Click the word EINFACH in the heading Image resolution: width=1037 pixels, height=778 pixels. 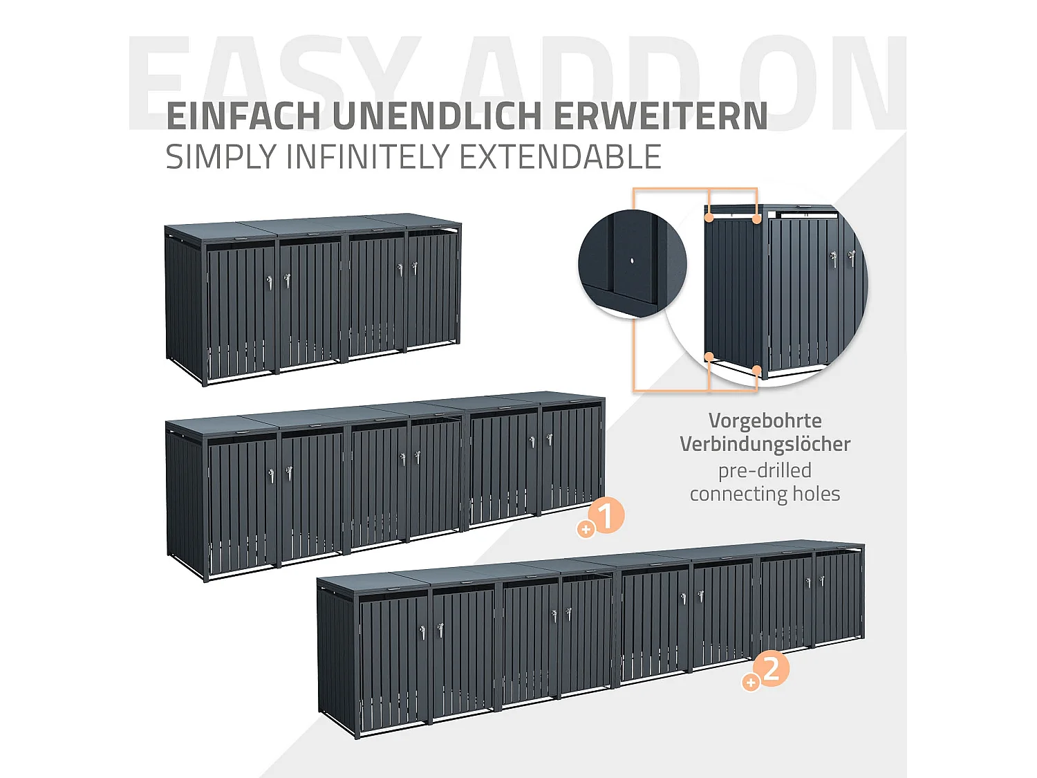click(243, 116)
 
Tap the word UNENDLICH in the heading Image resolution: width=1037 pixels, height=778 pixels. click(437, 116)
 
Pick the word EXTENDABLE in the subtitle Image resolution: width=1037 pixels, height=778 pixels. click(560, 157)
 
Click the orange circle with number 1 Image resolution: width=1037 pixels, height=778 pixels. click(606, 515)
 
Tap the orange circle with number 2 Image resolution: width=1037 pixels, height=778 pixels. click(771, 668)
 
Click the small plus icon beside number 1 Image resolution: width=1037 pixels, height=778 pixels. click(586, 530)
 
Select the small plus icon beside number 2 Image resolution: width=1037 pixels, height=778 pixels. click(750, 683)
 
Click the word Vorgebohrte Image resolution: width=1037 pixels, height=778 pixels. click(765, 420)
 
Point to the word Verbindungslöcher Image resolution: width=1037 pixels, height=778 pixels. click(765, 444)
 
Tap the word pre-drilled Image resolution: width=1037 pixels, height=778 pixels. click(765, 470)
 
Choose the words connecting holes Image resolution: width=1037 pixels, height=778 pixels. click(765, 494)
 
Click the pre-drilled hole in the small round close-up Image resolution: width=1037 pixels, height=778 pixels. click(632, 262)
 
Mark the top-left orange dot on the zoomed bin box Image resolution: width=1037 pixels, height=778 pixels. click(709, 218)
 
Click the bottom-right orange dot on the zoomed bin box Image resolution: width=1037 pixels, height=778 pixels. click(757, 371)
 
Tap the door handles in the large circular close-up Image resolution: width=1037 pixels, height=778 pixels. click(842, 259)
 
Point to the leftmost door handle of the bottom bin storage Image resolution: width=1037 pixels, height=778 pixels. click(423, 631)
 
